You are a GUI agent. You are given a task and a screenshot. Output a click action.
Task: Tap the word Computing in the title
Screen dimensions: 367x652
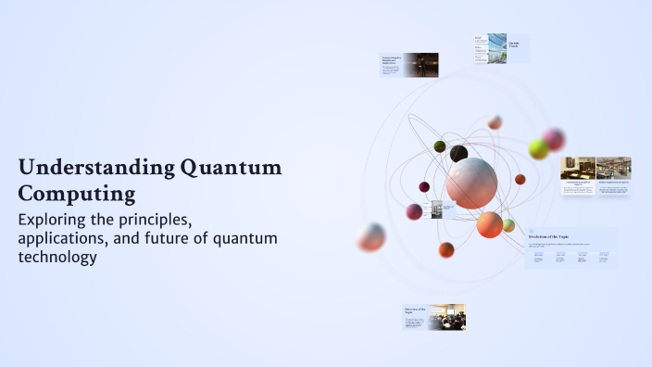tap(77, 194)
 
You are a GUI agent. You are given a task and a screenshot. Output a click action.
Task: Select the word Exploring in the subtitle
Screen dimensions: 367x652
tap(59, 220)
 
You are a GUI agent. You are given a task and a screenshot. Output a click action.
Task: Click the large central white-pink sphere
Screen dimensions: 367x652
tap(470, 183)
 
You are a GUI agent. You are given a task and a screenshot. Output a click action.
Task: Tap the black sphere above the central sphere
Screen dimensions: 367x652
tap(458, 154)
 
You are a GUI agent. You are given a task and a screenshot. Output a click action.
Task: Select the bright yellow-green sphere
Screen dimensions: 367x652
tap(538, 149)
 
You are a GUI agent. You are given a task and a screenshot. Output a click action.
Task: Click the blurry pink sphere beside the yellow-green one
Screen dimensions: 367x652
tap(554, 139)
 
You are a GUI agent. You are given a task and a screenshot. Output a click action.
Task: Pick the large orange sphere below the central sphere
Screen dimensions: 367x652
tap(489, 224)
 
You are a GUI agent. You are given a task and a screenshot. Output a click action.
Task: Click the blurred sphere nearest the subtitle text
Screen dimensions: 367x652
tap(371, 237)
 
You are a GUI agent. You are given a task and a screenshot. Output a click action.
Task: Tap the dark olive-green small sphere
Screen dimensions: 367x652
tap(440, 146)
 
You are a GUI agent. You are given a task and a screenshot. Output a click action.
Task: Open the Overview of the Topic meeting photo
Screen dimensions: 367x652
tap(446, 317)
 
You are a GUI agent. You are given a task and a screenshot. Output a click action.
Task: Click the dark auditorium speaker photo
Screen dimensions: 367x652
tap(420, 65)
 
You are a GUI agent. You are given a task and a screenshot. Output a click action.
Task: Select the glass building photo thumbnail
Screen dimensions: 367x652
tap(496, 48)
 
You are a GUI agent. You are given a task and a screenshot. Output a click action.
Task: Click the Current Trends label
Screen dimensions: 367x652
tap(515, 44)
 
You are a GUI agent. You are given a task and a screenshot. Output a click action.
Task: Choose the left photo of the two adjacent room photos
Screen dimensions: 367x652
tap(578, 168)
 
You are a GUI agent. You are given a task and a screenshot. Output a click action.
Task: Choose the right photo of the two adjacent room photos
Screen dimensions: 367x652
tap(614, 168)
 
